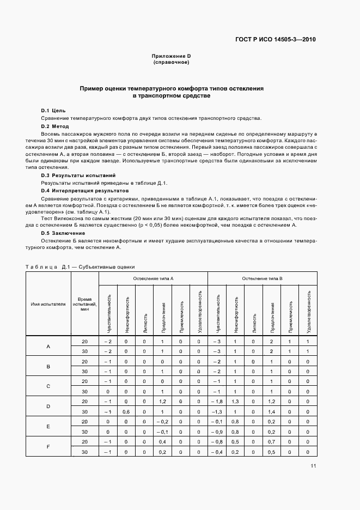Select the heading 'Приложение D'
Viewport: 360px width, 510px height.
(x=171, y=57)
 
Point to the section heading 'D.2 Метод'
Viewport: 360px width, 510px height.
(x=56, y=126)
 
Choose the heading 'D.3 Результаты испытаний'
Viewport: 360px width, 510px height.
(x=78, y=176)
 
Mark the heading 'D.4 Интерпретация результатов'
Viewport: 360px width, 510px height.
(x=85, y=191)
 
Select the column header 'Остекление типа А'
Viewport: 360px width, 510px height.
(x=153, y=278)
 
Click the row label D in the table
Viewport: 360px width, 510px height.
(x=48, y=406)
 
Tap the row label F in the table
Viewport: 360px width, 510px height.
(x=48, y=447)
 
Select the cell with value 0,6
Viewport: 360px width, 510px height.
(x=126, y=411)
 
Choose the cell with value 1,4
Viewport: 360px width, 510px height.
(x=272, y=411)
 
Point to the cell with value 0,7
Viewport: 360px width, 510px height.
(x=272, y=442)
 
